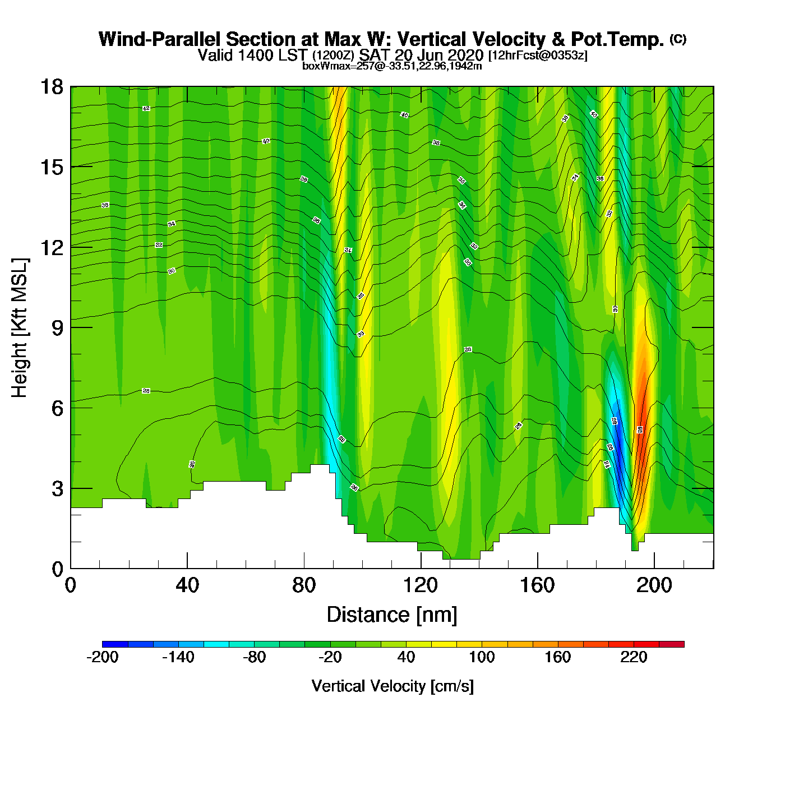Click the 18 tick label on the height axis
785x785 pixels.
click(51, 87)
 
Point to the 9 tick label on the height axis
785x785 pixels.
click(57, 328)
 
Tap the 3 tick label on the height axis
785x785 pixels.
click(57, 489)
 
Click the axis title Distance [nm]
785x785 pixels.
click(392, 615)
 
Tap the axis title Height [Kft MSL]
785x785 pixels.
click(20, 328)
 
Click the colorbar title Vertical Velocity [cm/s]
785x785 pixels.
click(392, 686)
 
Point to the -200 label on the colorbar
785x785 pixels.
click(103, 657)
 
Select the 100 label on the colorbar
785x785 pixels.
click(482, 657)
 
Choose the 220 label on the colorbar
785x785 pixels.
click(634, 657)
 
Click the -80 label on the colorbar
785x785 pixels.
click(254, 657)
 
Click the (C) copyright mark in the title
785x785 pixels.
click(678, 39)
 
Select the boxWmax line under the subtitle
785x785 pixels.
click(392, 66)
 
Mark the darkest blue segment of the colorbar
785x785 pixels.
click(115, 644)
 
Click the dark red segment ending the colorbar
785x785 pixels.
click(672, 644)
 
